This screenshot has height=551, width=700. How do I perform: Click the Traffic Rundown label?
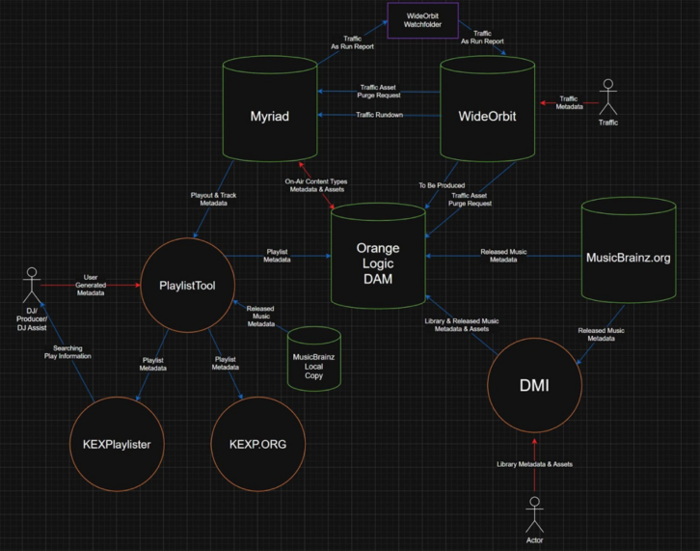click(x=378, y=115)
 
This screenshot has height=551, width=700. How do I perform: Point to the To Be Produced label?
click(x=443, y=184)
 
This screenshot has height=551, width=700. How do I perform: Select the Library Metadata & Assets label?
click(x=535, y=464)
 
